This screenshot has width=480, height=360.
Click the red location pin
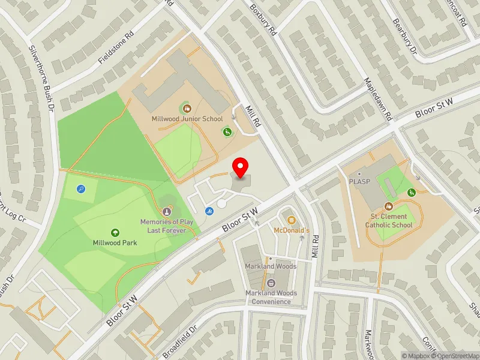pos(241,167)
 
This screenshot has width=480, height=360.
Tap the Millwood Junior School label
pos(187,119)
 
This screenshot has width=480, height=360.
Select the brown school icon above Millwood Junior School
pos(187,109)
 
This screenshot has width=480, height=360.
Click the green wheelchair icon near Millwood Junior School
pos(227,131)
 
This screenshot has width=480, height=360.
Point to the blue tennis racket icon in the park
pos(81,188)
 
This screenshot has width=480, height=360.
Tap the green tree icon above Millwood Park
pos(115,232)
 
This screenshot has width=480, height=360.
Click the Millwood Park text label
pos(115,243)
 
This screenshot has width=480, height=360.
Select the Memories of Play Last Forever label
pos(167,226)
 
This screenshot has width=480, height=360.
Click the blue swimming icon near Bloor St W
pos(209,211)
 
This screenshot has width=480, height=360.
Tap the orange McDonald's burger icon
pos(292,220)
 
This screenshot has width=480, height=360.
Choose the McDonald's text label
pos(291,230)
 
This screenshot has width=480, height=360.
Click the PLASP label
pos(360,182)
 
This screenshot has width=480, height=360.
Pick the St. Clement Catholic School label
pos(389,221)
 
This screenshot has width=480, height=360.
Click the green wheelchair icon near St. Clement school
pos(412,193)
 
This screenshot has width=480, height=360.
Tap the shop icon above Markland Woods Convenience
pos(271,283)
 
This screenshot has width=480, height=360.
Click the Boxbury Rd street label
pos(263,20)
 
